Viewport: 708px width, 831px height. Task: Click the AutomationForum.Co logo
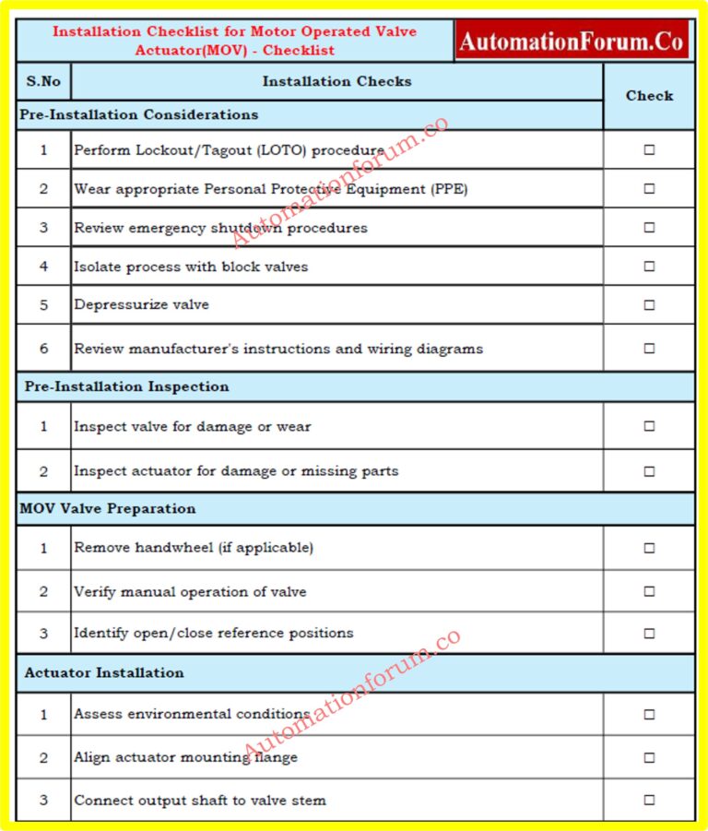tap(572, 42)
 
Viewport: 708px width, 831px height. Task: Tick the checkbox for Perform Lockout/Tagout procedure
tap(649, 150)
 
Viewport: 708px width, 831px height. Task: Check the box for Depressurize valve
tap(649, 305)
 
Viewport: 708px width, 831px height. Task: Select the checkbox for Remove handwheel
tap(649, 548)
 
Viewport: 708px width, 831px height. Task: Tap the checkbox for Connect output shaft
tap(649, 801)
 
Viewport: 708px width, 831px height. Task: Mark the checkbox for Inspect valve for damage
tap(649, 426)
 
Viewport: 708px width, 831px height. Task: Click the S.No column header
tap(43, 81)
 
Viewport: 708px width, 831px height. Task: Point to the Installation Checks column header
tap(336, 81)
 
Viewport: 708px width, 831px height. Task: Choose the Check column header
tap(649, 95)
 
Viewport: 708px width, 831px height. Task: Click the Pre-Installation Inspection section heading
tap(126, 386)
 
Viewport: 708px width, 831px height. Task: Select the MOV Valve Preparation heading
tap(108, 508)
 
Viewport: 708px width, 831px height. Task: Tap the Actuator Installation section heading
tap(104, 673)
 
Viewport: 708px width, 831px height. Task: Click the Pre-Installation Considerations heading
tap(139, 114)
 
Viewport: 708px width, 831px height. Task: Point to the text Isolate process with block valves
tap(191, 267)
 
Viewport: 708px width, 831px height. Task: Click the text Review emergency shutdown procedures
tap(220, 228)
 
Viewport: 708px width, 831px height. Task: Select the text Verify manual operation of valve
tap(190, 592)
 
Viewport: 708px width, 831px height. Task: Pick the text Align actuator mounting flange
tap(185, 757)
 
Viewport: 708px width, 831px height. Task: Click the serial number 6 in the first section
tap(43, 349)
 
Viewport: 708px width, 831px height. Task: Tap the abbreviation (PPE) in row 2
tap(451, 189)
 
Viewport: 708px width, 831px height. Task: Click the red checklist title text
tap(235, 41)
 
